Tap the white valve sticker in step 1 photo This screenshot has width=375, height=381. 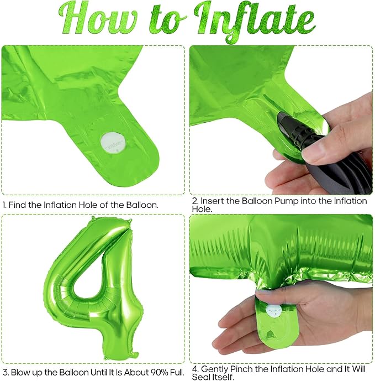click(113, 143)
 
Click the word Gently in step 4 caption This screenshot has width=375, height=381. click(215, 370)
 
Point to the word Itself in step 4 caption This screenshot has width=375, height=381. click(222, 377)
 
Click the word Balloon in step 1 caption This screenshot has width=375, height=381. click(142, 205)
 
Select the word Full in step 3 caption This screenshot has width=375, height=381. click(177, 372)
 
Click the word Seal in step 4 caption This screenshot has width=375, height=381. click(201, 377)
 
